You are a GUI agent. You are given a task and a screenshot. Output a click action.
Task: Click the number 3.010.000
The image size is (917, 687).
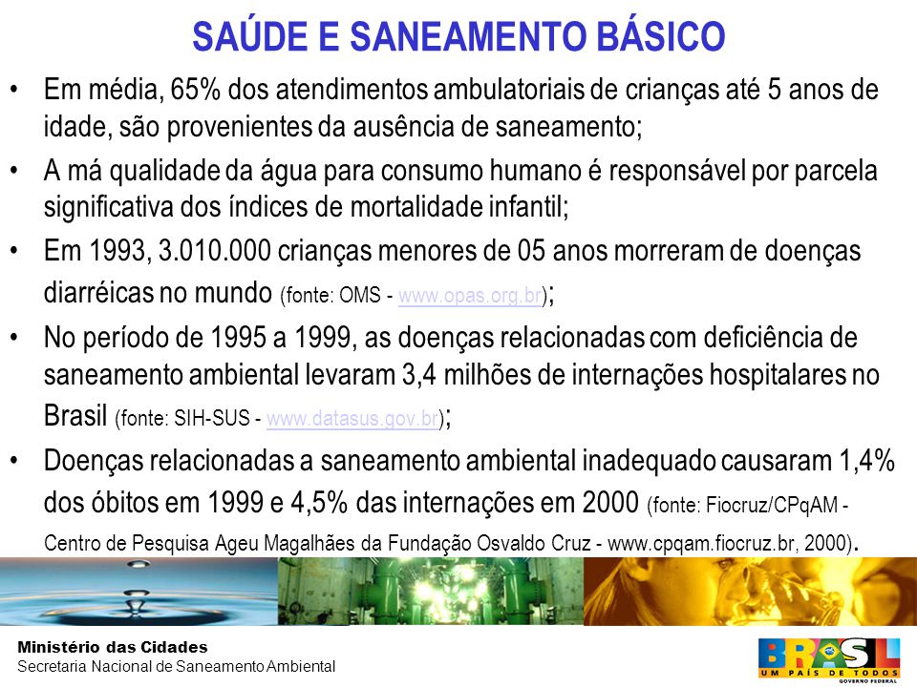[x=215, y=251]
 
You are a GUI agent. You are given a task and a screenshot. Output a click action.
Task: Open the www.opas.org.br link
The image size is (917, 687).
[x=470, y=296]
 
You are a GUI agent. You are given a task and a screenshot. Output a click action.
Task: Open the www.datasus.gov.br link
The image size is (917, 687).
[x=352, y=419]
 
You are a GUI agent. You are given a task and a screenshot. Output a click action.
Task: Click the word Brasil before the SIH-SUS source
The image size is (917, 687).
[x=75, y=416]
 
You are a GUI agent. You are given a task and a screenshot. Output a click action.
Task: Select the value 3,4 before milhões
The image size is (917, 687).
[x=418, y=375]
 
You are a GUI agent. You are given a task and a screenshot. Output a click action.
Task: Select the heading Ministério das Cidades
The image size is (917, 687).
[x=113, y=647]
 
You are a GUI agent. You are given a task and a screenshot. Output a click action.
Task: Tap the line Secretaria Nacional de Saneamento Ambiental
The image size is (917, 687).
[x=176, y=666]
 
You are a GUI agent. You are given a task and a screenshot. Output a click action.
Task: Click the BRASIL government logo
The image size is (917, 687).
[x=829, y=660]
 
